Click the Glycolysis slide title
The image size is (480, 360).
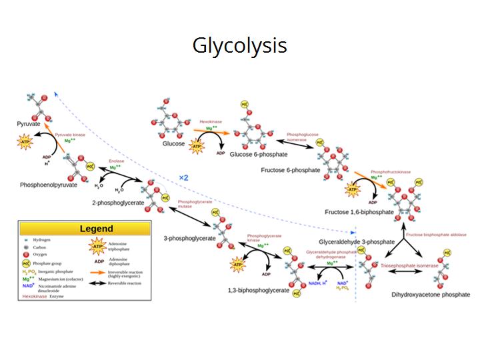(x=240, y=45)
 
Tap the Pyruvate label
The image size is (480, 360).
(x=31, y=124)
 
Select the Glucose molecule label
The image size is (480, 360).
(x=173, y=143)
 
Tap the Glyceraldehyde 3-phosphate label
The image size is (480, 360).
(x=357, y=241)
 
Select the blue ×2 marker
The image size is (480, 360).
(x=185, y=177)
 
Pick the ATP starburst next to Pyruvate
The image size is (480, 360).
(x=25, y=142)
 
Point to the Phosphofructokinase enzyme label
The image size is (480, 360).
(x=391, y=172)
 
